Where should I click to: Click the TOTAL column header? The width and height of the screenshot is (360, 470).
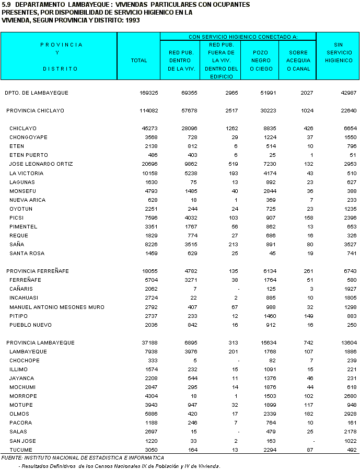pos(139,61)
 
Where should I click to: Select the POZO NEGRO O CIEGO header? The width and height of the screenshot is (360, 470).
pos(260,61)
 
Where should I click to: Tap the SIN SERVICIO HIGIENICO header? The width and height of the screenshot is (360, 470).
pos(338,53)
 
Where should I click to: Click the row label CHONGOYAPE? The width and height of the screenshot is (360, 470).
pos(28,137)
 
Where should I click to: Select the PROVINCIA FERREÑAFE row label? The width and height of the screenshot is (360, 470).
pos(38,271)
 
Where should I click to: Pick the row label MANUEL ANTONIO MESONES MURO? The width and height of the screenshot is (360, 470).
pos(57,307)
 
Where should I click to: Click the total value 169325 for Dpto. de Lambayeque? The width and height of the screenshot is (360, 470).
pos(147,93)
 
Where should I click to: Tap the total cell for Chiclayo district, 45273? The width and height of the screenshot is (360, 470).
pos(149,129)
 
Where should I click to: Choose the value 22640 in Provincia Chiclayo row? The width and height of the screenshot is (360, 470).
pos(347,111)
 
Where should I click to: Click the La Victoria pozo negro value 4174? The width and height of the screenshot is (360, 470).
pos(268,173)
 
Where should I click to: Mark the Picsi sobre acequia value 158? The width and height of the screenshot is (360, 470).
pos(308,217)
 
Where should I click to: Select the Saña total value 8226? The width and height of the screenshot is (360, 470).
pos(150,244)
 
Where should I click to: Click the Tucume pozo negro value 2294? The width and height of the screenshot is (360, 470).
pos(268,450)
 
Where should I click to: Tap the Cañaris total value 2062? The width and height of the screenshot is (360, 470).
pos(150,289)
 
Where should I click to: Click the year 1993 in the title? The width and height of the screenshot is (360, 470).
pos(133,20)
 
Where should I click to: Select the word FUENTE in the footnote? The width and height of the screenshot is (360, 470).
pos(12,458)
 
